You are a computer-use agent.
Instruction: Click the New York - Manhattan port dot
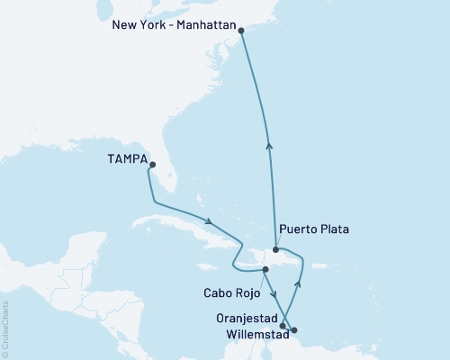pos(241,31)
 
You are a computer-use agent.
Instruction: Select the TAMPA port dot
pos(152,165)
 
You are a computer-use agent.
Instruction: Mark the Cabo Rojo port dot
pos(265,269)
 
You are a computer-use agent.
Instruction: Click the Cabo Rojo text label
pos(230,293)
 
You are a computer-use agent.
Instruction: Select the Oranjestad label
pos(247,316)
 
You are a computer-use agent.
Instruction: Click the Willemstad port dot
pos(294,330)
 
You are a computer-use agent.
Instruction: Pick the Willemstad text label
pos(247,330)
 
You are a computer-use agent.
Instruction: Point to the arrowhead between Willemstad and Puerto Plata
pos(298,283)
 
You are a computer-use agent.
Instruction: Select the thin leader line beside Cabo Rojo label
pos(260,281)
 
